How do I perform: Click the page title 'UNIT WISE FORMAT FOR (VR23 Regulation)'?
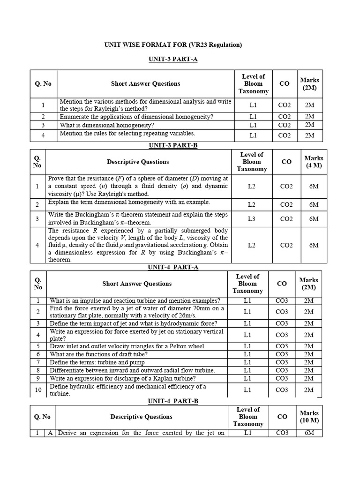tap(172, 45)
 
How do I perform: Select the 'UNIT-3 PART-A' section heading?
tap(173, 60)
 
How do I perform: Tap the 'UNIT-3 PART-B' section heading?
tap(173, 145)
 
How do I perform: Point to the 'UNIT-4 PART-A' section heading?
tap(173, 267)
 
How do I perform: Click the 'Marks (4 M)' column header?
tap(314, 162)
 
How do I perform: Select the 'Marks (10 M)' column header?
tap(309, 417)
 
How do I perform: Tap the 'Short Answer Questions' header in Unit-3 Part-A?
tap(145, 83)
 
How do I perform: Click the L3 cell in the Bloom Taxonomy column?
tap(251, 219)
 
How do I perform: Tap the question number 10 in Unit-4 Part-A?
tap(38, 390)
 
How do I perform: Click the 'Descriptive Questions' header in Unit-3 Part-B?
tap(138, 162)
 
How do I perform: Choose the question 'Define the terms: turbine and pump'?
tap(97, 362)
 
